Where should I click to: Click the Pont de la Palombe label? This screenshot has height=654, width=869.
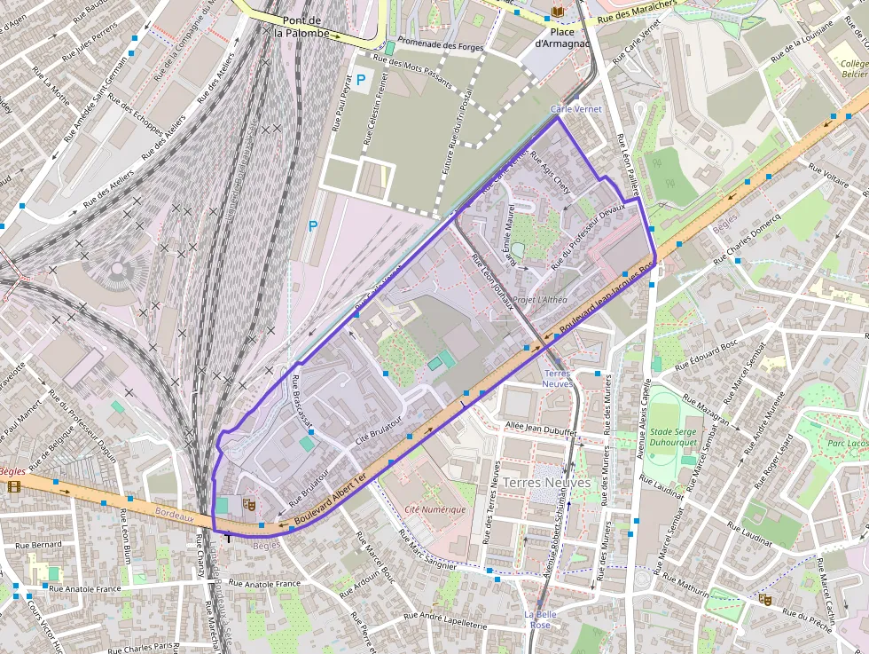[x=301, y=27]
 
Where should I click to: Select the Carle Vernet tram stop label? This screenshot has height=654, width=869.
[x=575, y=109]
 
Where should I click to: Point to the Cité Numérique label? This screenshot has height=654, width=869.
[x=434, y=509]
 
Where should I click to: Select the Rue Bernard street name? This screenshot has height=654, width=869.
[x=38, y=545]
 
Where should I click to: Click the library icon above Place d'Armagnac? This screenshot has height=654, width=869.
[x=557, y=11]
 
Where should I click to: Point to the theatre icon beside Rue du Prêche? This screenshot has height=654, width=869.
[x=765, y=599]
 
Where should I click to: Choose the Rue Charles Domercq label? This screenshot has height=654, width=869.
[x=747, y=238]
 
